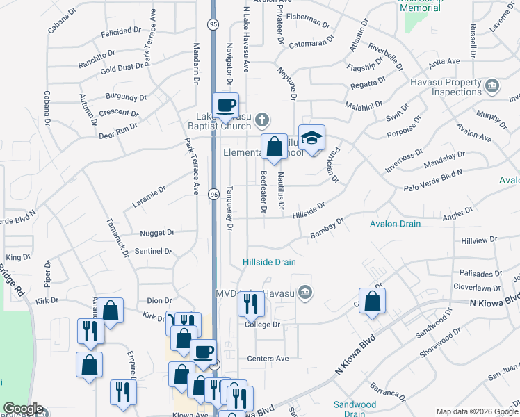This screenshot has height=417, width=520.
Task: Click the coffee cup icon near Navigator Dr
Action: coord(225,106)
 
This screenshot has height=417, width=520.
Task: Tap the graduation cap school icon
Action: coord(312,137)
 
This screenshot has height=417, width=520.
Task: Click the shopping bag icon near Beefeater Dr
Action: coord(275,147)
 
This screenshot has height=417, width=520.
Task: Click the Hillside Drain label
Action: coord(269,262)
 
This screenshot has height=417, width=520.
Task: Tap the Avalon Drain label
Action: coord(395,224)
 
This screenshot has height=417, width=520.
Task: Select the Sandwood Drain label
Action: coord(355,409)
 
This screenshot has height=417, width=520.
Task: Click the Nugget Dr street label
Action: coord(156,233)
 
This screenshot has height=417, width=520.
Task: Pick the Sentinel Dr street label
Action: coord(153,251)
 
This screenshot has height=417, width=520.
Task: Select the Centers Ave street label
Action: coord(268,359)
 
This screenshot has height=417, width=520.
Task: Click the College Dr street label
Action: coord(262,325)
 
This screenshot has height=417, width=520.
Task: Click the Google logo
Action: coord(22,409)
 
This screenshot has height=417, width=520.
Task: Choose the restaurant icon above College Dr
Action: coord(251,304)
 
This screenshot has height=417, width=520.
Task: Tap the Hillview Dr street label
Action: coord(479,239)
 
